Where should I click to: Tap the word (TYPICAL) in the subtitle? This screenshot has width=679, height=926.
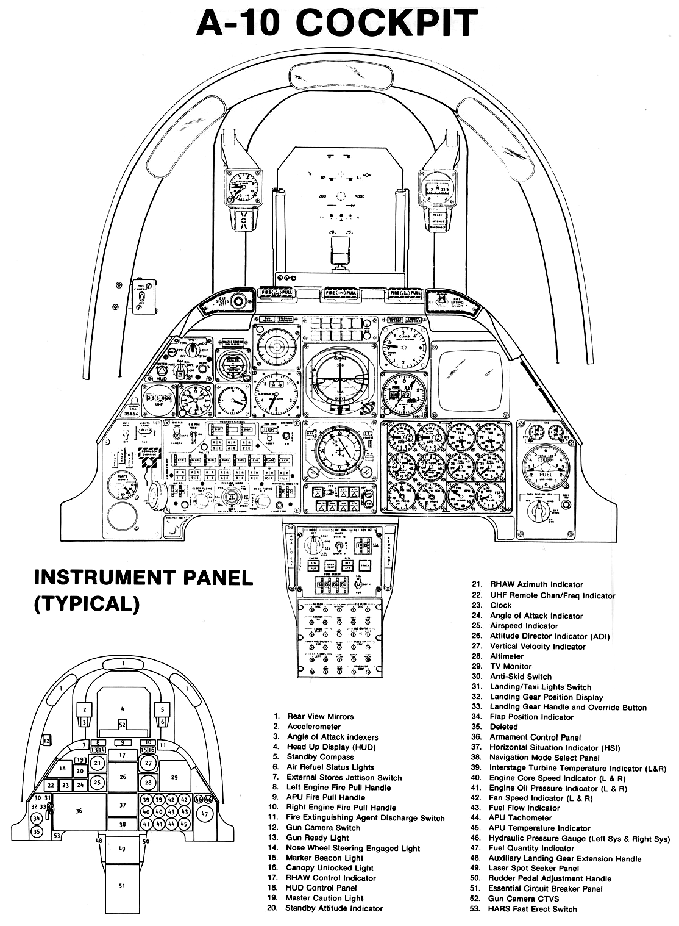pos(87,603)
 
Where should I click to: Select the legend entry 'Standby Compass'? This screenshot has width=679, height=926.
pos(320,757)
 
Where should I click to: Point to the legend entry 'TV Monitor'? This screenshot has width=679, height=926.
pos(511,666)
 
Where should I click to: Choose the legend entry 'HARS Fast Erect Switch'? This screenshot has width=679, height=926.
pos(532,908)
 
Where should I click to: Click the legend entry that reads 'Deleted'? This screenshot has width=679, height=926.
pos(503,727)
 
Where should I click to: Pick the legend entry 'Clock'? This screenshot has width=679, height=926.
pos(500,605)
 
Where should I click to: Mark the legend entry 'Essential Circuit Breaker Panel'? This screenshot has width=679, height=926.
pos(545,889)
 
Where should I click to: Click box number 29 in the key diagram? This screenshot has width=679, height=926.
pos(174,777)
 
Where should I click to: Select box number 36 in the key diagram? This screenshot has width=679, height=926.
pos(79,811)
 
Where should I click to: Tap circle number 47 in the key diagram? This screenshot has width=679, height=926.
pos(205,814)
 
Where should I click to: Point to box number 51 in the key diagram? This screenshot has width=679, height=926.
pos(122,886)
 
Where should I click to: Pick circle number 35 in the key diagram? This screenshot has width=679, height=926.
pos(37,831)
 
